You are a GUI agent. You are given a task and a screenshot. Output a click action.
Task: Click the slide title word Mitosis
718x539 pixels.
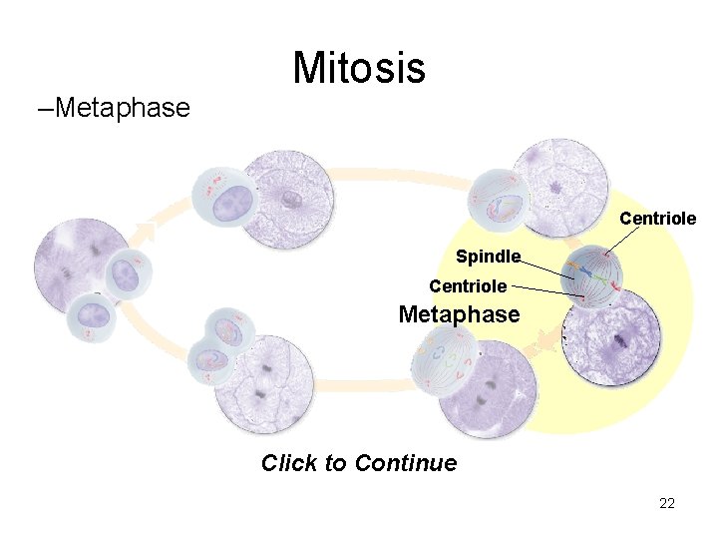click(359, 68)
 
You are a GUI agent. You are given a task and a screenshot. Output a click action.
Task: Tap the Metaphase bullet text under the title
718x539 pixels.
click(123, 108)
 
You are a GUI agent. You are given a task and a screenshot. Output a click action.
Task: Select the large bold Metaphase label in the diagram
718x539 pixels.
click(459, 314)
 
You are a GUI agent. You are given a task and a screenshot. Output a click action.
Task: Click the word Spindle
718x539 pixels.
click(488, 257)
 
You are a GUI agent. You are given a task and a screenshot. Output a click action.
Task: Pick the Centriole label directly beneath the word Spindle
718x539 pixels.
click(468, 286)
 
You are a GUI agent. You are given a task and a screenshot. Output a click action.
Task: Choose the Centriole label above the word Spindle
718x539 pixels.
click(657, 218)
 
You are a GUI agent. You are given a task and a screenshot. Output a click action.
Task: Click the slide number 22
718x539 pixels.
click(667, 503)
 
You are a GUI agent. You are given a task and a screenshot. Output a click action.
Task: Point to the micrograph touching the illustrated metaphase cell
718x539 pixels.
click(611, 339)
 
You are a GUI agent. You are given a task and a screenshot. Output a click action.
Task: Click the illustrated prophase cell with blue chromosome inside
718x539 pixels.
click(499, 200)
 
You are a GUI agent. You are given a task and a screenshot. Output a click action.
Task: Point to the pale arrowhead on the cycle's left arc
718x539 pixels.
click(145, 233)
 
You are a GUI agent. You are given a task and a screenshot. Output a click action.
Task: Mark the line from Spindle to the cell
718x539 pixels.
click(548, 268)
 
